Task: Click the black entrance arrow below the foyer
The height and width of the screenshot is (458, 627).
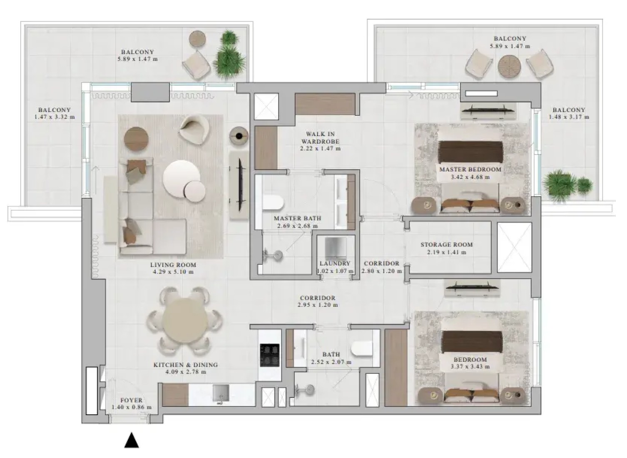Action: pyautogui.click(x=132, y=441)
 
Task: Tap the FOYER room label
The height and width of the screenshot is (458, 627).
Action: pyautogui.click(x=131, y=400)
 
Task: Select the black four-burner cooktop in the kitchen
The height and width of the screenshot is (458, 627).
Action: pyautogui.click(x=269, y=355)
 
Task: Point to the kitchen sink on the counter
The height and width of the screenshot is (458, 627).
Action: pyautogui.click(x=221, y=393)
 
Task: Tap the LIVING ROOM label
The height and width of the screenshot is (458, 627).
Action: pyautogui.click(x=173, y=264)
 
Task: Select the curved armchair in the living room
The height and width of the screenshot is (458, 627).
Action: pyautogui.click(x=194, y=130)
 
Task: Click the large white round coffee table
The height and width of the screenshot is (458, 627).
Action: pyautogui.click(x=182, y=179)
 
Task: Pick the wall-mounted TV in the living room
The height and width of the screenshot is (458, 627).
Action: pyautogui.click(x=240, y=185)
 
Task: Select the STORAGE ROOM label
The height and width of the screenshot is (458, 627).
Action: pyautogui.click(x=447, y=244)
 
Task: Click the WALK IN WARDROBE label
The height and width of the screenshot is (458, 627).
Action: pyautogui.click(x=320, y=138)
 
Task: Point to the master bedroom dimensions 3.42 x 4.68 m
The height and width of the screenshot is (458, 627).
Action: pyautogui.click(x=470, y=177)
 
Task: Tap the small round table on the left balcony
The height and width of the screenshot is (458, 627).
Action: pyautogui.click(x=198, y=39)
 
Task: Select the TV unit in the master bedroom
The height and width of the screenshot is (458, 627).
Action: pyautogui.click(x=488, y=111)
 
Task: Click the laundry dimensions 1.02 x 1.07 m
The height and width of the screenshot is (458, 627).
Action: pyautogui.click(x=335, y=271)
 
